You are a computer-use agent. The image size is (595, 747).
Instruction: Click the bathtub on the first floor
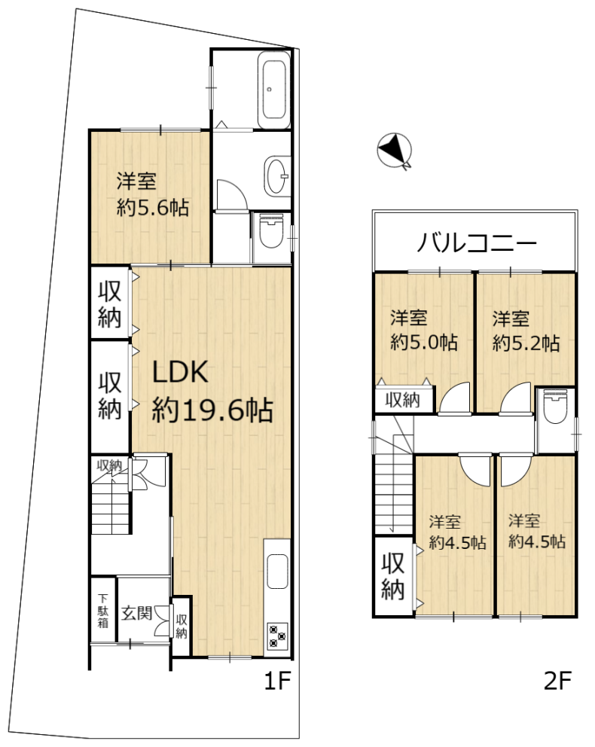tap(274, 90)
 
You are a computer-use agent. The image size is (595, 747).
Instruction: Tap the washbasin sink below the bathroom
tap(276, 175)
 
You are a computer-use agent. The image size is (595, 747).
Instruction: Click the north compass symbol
tap(395, 151)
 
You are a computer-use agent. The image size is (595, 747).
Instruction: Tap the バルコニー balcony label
tap(477, 243)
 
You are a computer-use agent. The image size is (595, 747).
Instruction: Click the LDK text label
tap(180, 372)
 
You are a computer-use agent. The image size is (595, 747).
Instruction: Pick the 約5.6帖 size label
tap(153, 208)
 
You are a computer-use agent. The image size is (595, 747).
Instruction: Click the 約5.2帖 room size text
tap(526, 343)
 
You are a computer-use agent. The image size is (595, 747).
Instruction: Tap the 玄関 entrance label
tap(137, 612)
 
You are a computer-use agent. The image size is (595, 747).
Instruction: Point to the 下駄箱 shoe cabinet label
tap(103, 611)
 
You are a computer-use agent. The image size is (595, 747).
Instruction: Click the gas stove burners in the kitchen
tap(277, 636)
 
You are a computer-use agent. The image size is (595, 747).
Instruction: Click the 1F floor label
tap(277, 681)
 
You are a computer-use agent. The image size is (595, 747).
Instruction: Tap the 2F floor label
tap(557, 681)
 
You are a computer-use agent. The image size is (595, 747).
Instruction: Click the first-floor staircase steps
tap(111, 508)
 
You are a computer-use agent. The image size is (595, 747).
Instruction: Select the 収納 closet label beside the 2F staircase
tap(393, 576)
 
